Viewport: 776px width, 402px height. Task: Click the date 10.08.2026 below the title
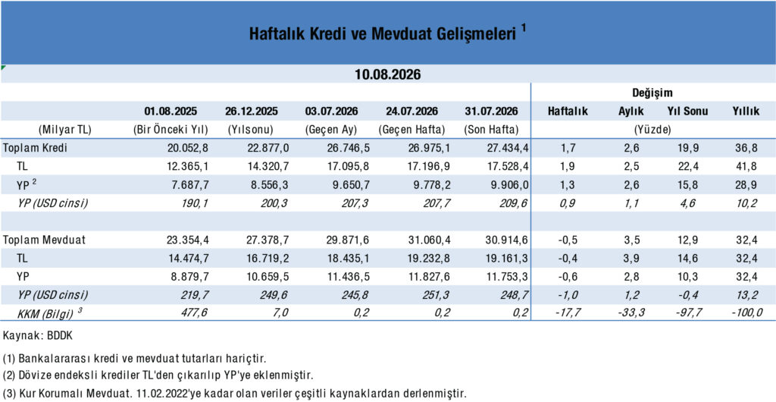tap(387, 75)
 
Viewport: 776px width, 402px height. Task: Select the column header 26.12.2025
tap(252, 111)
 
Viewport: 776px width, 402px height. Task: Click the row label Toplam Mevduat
tap(44, 240)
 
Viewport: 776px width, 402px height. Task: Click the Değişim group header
tap(652, 93)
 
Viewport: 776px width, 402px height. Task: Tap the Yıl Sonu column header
tap(688, 111)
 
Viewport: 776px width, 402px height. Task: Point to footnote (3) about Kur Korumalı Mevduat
tap(235, 394)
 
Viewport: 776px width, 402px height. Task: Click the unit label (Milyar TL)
tap(65, 130)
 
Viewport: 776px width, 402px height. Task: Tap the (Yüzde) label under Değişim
tap(652, 130)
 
